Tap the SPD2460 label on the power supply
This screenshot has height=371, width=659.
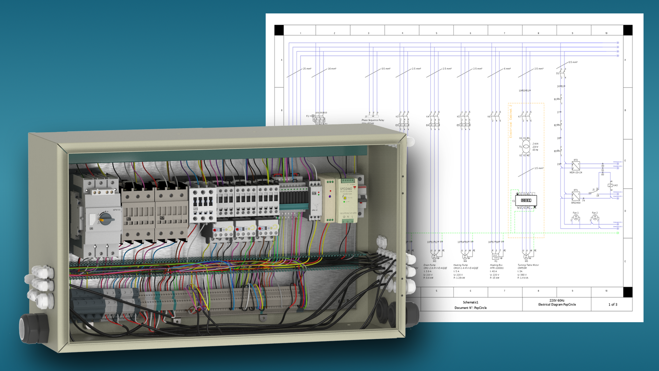(x=346, y=189)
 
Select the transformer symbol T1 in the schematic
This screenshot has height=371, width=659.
(x=526, y=147)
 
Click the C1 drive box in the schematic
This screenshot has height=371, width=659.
(x=526, y=200)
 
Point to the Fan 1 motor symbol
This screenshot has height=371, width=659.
(x=576, y=218)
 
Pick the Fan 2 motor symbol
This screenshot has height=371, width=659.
(x=595, y=218)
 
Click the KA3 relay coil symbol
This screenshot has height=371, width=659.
(x=610, y=185)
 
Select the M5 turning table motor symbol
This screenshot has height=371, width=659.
(x=526, y=257)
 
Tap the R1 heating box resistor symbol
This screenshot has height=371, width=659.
(x=496, y=257)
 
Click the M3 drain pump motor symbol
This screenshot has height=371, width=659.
(x=434, y=257)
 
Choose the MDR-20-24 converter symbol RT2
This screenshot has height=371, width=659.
(x=576, y=166)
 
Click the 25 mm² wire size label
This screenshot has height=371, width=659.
(x=307, y=69)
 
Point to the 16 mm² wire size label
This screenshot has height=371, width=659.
(x=332, y=69)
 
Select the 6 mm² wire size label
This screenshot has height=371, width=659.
(x=507, y=69)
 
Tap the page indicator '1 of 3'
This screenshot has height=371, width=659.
(x=613, y=304)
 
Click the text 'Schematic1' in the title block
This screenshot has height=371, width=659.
(x=470, y=302)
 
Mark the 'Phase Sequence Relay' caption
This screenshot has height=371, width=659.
(x=373, y=120)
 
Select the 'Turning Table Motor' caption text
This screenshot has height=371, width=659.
(x=528, y=265)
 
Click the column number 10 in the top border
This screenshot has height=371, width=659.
(x=606, y=33)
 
